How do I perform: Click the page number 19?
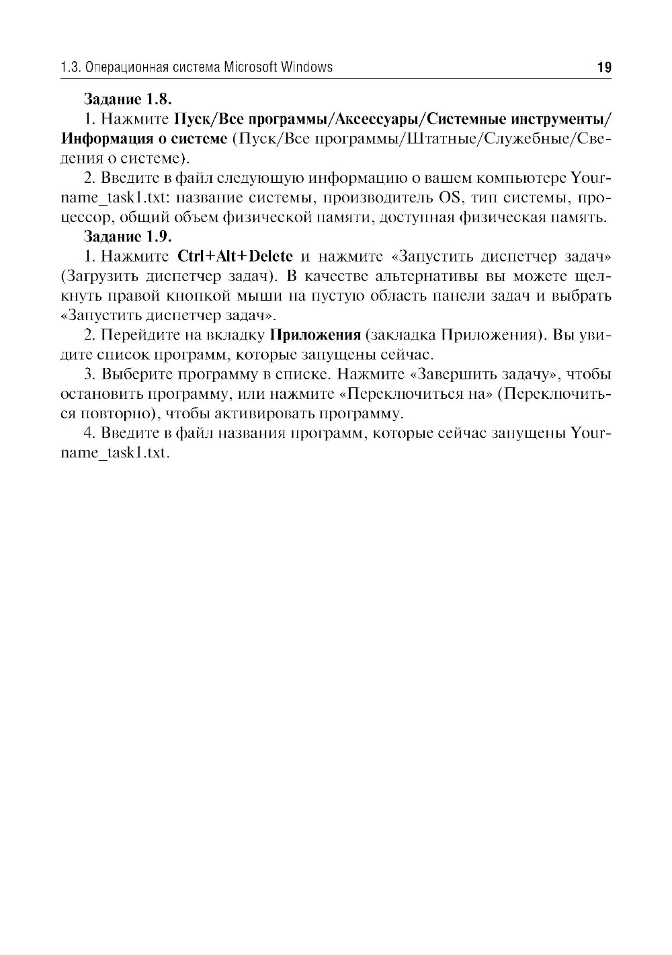coord(603,67)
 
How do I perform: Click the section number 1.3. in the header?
coord(70,67)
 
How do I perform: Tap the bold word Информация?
coord(102,139)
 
